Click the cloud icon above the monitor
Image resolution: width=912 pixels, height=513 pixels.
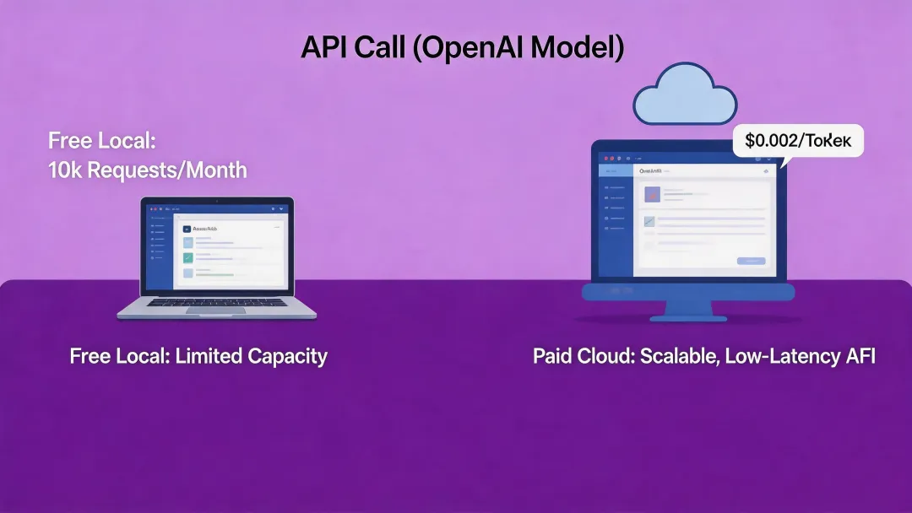[x=685, y=95]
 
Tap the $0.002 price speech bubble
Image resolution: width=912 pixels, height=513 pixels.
[x=798, y=141]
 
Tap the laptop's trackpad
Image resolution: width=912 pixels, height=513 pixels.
[x=215, y=310]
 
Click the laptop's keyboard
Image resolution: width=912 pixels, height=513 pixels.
[x=216, y=300]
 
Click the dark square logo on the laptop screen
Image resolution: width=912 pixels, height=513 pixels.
[x=187, y=229]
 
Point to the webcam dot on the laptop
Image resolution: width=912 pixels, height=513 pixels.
[x=217, y=201]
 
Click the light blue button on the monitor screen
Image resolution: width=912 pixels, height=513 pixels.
[x=751, y=261]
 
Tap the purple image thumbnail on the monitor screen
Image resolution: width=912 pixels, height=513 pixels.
[x=651, y=195]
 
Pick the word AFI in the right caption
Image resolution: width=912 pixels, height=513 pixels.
[x=860, y=356]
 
